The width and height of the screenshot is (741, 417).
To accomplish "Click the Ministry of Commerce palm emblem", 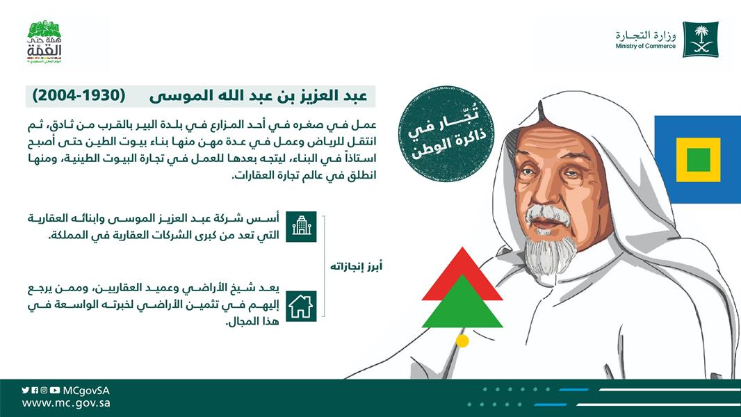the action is (701, 40).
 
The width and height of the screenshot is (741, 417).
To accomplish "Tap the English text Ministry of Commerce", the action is (646, 47).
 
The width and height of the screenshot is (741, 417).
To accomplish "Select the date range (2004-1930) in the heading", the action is (79, 95).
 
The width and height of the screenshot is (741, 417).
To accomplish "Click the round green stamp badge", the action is (445, 134).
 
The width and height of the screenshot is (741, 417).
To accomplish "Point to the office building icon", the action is (302, 227).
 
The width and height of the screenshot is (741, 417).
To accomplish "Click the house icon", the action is (302, 306).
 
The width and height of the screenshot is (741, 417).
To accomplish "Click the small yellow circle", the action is (462, 341).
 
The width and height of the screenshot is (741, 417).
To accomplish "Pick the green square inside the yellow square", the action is (699, 160).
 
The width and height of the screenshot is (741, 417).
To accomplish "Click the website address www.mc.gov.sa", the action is (66, 403).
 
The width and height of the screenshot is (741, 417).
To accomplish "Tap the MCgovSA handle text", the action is (86, 391).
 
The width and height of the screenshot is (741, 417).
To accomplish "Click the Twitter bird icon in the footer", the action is (26, 391).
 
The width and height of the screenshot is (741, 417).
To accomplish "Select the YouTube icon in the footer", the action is (55, 391).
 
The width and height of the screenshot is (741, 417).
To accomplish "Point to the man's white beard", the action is (551, 255).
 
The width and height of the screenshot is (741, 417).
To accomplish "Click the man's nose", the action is (544, 194).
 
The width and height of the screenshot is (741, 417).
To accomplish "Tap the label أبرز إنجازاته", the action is (356, 267).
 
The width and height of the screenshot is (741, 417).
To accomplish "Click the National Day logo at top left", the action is (44, 42).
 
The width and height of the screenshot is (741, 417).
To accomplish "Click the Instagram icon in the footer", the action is (44, 391).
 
